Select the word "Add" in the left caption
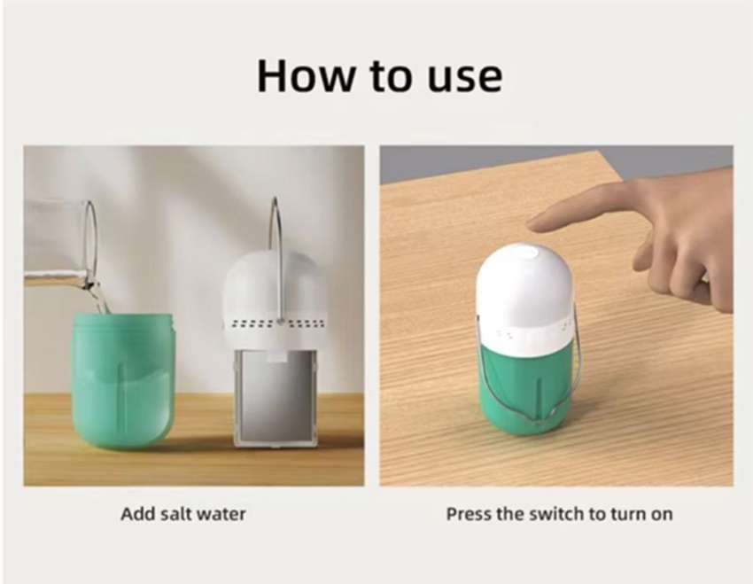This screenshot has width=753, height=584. [x=137, y=513]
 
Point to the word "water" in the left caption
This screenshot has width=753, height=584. [x=222, y=513]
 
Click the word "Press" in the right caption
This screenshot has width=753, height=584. [x=468, y=514]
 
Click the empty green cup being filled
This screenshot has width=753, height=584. [x=123, y=381]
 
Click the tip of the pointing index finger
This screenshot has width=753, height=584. [x=532, y=222]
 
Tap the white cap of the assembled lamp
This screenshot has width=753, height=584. [x=524, y=297]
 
